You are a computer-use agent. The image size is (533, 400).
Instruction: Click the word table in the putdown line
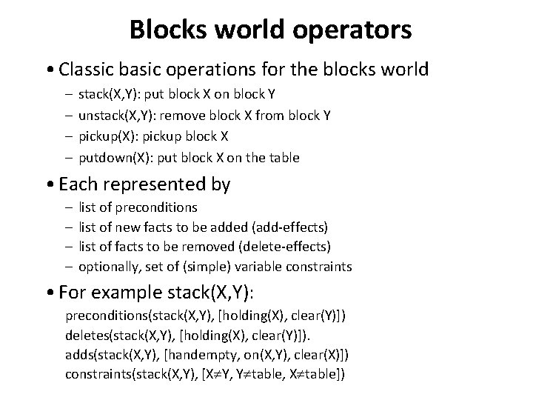(x=284, y=157)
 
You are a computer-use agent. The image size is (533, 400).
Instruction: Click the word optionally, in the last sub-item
(x=106, y=266)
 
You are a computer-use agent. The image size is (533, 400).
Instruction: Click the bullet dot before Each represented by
(x=48, y=184)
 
